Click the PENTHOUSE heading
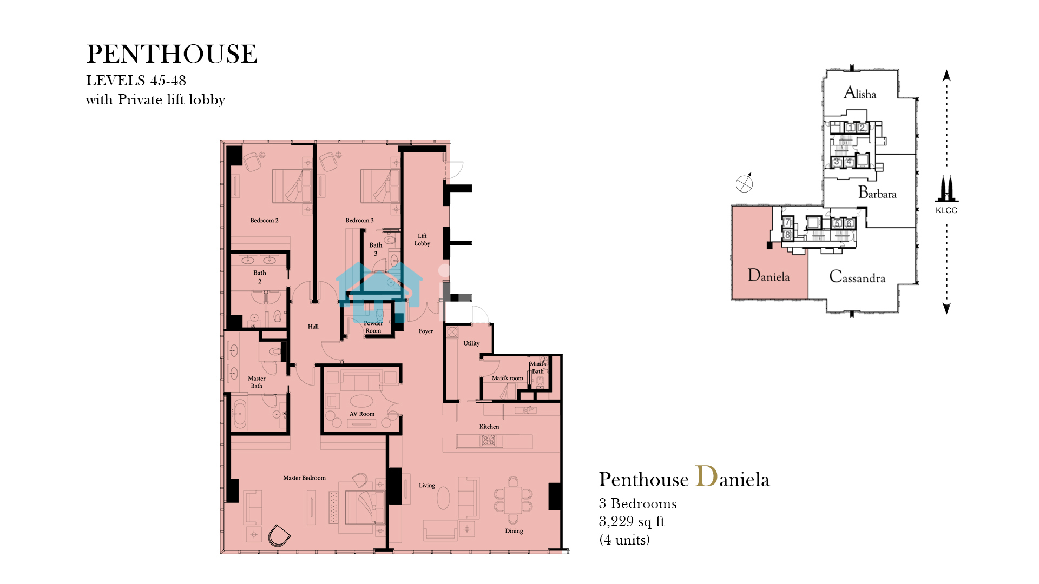click(172, 54)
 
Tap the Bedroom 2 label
click(264, 221)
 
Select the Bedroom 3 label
click(360, 221)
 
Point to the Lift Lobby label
click(422, 240)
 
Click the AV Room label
click(362, 414)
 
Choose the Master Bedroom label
click(304, 478)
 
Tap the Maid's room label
click(508, 379)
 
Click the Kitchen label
click(489, 427)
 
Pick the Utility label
click(471, 343)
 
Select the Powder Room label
click(373, 327)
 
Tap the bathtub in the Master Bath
click(240, 414)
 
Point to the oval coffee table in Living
click(443, 498)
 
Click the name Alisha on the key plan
click(860, 93)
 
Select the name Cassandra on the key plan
click(857, 277)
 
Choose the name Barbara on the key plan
click(877, 193)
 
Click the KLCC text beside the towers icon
click(946, 210)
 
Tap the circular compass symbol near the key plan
click(744, 184)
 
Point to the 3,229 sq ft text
click(632, 521)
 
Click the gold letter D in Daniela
click(706, 476)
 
